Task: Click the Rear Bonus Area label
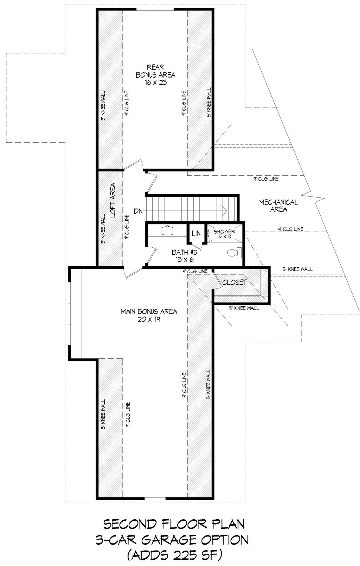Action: point(155,71)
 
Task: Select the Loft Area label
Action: point(113,200)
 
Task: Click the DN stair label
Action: point(139,211)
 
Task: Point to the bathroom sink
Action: point(167,230)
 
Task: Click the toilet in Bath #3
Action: point(235,253)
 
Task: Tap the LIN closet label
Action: point(196,233)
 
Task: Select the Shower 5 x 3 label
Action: point(225,234)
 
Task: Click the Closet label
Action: point(234,282)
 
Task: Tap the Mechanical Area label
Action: point(278,206)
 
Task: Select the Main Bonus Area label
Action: point(149,312)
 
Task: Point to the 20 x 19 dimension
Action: point(149,319)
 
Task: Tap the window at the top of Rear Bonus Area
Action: point(155,9)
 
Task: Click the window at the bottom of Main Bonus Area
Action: point(155,499)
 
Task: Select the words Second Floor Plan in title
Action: point(174,524)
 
